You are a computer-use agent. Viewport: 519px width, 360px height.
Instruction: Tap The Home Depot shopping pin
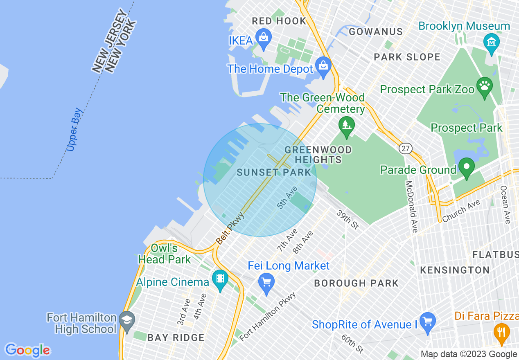click(x=323, y=67)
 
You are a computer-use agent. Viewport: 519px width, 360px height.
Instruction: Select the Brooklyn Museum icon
click(x=491, y=41)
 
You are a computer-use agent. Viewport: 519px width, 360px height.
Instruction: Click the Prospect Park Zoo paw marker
click(x=485, y=87)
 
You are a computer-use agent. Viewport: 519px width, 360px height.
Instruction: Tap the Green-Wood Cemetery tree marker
click(x=347, y=124)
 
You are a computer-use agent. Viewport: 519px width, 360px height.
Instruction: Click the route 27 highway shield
click(x=406, y=148)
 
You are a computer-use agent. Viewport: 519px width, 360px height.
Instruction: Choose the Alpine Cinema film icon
click(x=220, y=280)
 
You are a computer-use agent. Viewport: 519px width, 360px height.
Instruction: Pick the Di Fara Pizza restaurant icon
click(x=501, y=332)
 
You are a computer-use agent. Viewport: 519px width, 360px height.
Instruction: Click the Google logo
click(x=27, y=350)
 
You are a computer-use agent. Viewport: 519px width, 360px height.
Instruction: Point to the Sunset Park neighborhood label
click(x=274, y=172)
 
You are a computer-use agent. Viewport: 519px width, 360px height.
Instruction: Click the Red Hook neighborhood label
click(x=279, y=21)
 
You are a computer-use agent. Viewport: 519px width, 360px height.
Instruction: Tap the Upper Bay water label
click(x=74, y=129)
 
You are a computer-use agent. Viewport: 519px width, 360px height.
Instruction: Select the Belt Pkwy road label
click(x=230, y=228)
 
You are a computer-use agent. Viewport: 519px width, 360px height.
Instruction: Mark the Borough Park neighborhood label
click(x=356, y=283)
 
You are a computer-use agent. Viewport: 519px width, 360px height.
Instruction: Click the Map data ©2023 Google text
click(x=469, y=354)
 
